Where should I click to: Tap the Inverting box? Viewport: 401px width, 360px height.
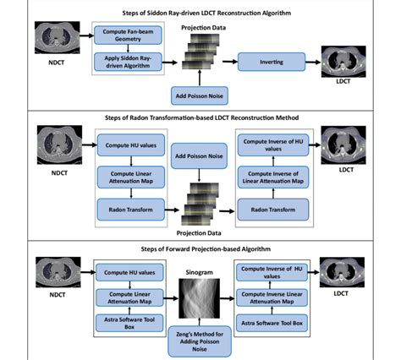(x=271, y=61)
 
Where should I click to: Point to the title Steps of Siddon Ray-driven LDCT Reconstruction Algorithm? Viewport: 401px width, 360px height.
(x=200, y=12)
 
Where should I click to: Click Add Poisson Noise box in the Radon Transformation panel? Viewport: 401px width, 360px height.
(x=200, y=157)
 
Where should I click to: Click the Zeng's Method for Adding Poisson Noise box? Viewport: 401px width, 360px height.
(x=200, y=341)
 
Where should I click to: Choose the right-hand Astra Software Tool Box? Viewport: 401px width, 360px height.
(x=271, y=323)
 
